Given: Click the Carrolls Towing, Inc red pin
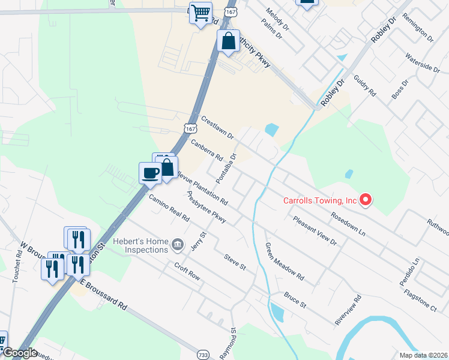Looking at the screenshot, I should click(x=364, y=200).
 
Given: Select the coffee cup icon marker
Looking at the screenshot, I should click(x=150, y=173).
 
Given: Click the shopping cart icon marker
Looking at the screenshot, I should click(x=200, y=13).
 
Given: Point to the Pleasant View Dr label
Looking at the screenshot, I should click(x=315, y=230).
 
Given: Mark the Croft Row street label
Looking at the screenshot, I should click(x=186, y=272).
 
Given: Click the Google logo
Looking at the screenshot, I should click(x=19, y=353).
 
